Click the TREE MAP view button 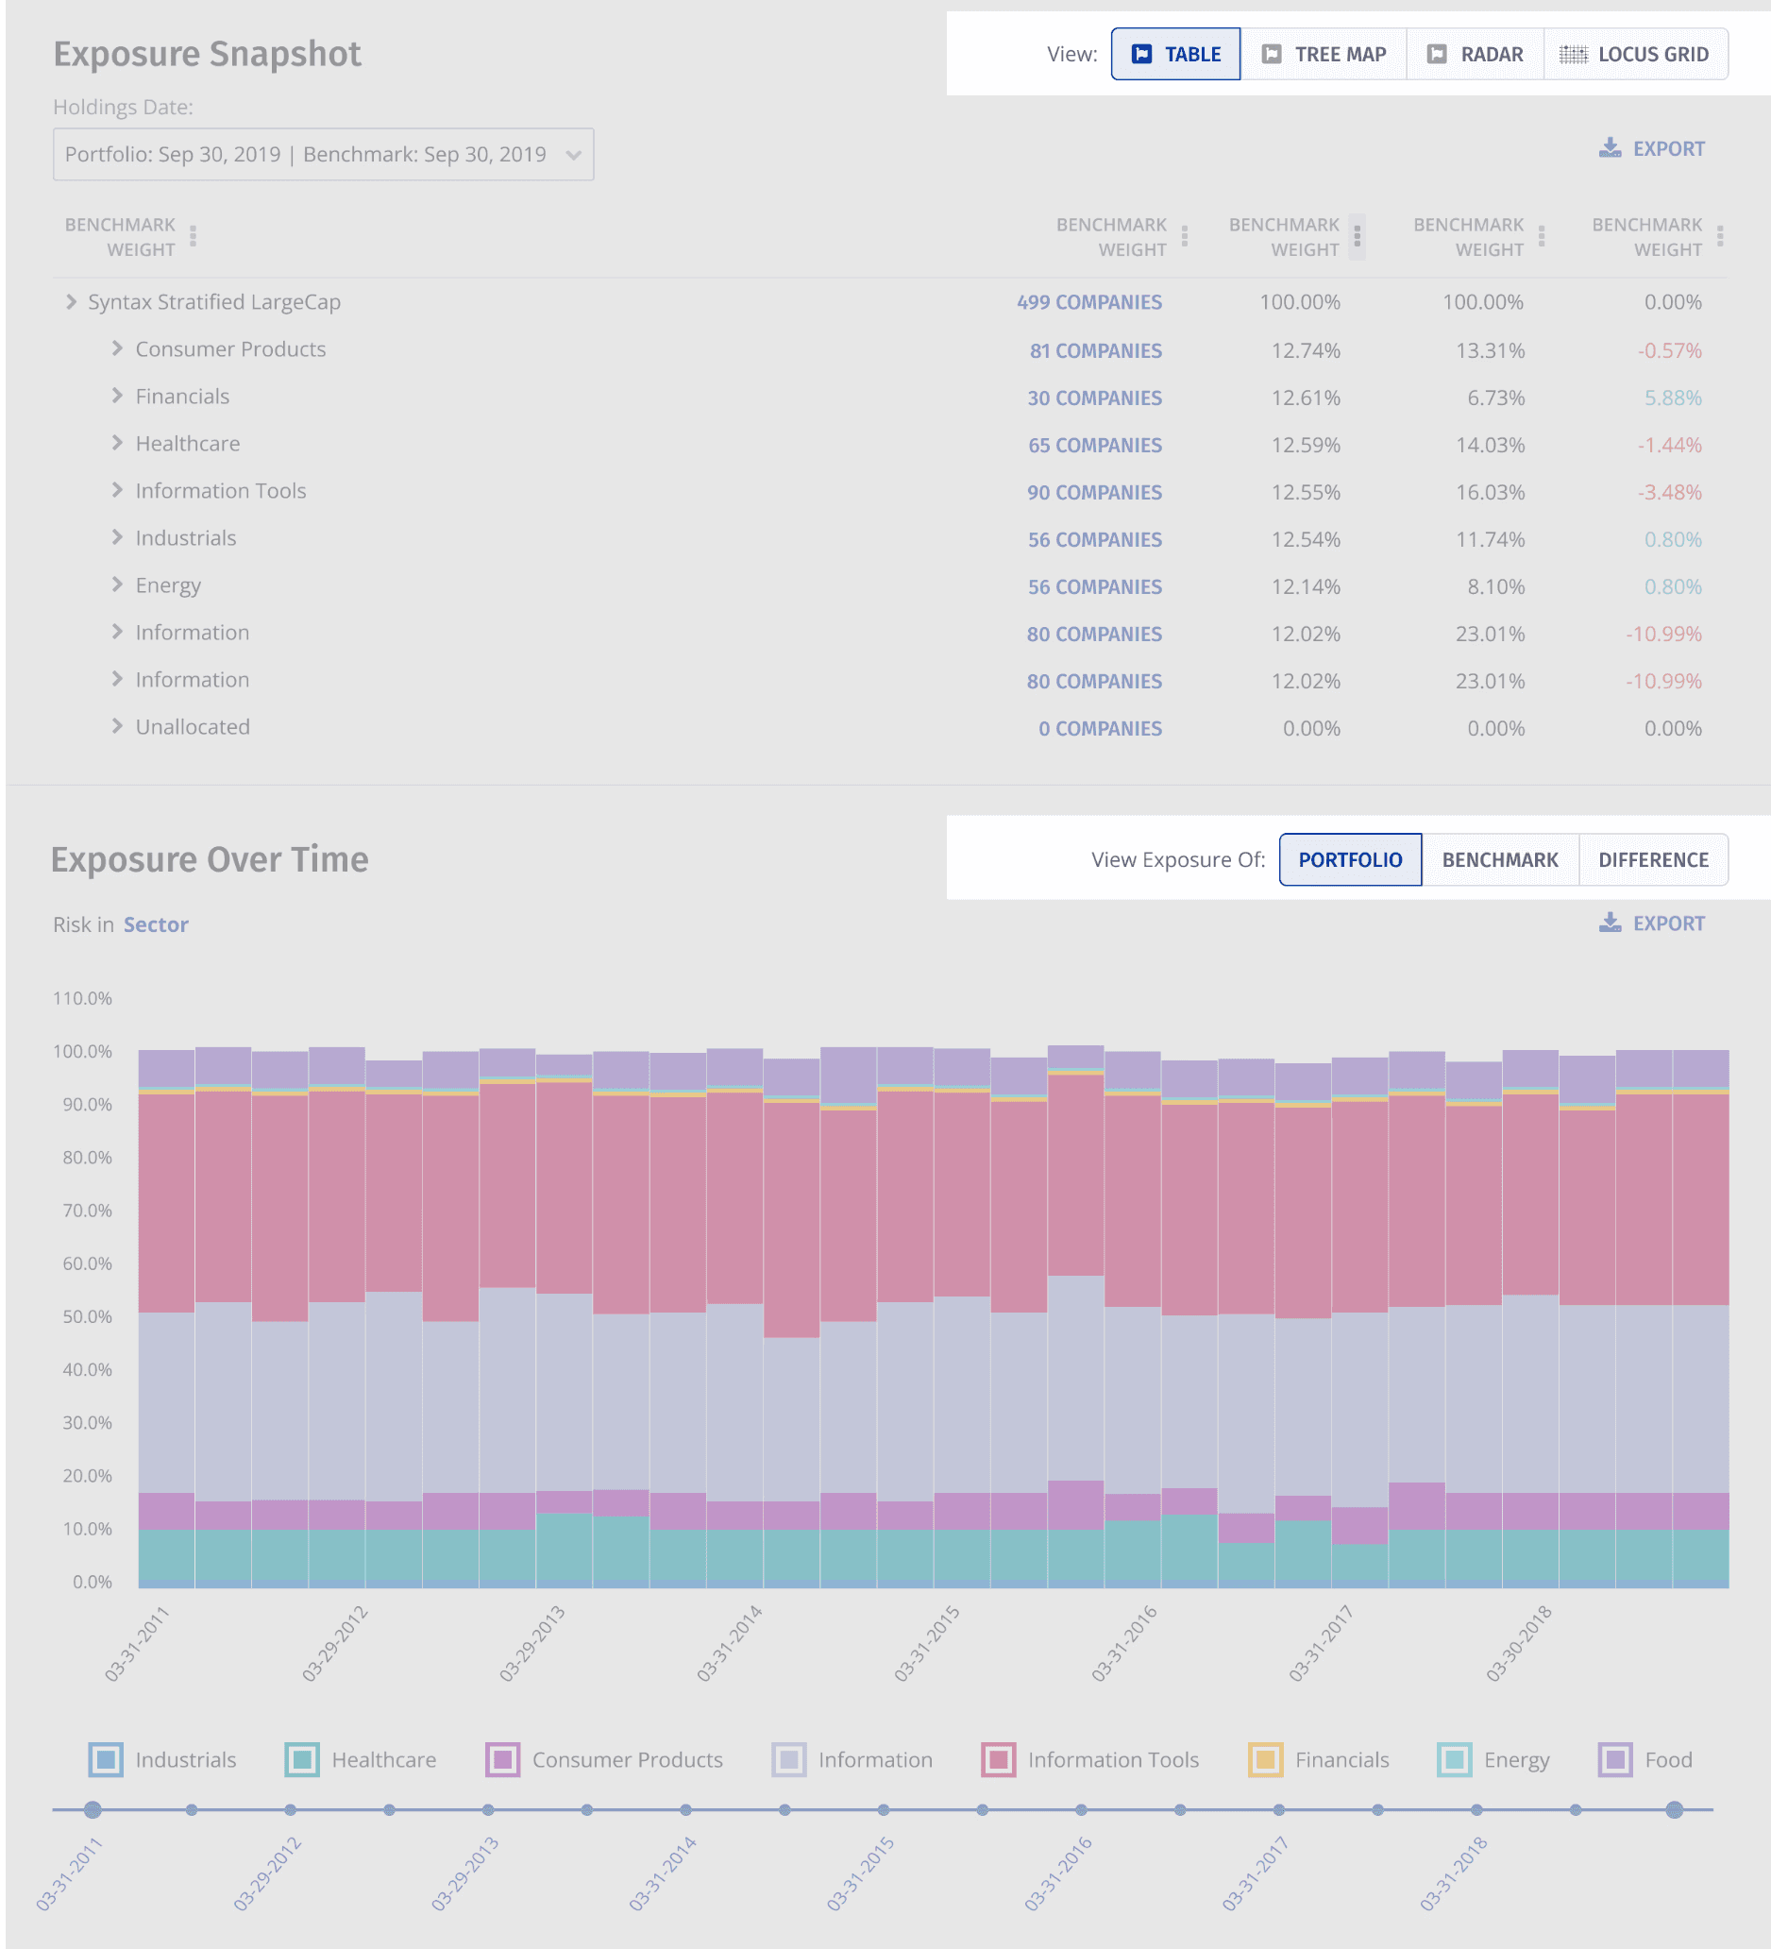pos(1324,54)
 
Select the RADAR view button pos(1476,54)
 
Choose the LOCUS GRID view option pos(1635,54)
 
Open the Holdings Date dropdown pos(323,155)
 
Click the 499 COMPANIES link pos(1088,302)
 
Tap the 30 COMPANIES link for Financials pos(1093,398)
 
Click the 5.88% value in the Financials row pos(1673,398)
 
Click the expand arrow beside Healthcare pos(117,444)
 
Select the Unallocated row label pos(193,727)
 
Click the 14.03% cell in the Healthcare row pos(1490,446)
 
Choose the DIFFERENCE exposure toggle pos(1652,859)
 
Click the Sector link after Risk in pos(156,925)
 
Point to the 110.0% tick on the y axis pos(83,999)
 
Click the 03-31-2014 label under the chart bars pos(730,1643)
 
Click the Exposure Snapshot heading pos(207,54)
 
